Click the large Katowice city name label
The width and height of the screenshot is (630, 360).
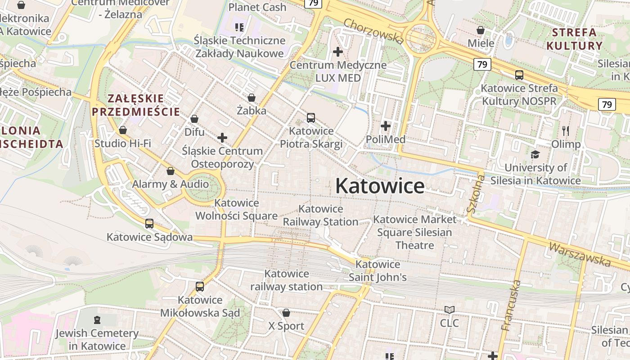[379, 186]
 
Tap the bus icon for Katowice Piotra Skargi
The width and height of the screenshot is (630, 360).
[310, 118]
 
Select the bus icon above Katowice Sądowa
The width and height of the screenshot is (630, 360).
[149, 223]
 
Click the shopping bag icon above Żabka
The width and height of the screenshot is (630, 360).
[252, 98]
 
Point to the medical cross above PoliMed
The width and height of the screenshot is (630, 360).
[386, 126]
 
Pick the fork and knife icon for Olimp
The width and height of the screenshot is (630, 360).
[566, 131]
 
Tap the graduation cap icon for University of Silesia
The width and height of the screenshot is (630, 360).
[535, 154]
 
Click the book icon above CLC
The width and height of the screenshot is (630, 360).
[449, 310]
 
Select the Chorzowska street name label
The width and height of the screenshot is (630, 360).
[373, 31]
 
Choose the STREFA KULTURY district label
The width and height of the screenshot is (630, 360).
[574, 39]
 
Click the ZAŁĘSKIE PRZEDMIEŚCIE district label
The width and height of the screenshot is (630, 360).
[136, 105]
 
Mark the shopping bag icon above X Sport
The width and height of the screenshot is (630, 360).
[286, 313]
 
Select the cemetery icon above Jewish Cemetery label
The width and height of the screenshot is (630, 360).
[97, 320]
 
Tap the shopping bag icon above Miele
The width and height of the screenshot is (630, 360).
[481, 30]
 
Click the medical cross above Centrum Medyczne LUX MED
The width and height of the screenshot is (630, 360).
[337, 52]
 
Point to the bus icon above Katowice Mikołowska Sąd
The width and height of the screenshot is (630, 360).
[200, 286]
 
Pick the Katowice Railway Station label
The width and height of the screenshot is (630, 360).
[320, 215]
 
